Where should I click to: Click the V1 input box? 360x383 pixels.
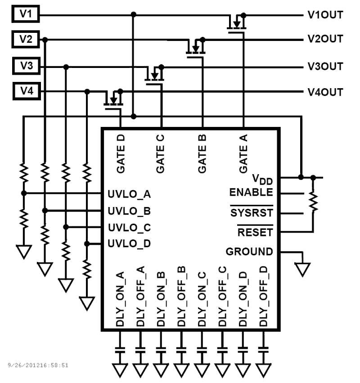pos(25,15)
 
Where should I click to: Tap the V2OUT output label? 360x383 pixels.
pos(325,40)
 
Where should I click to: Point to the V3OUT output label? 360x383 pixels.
pos(325,67)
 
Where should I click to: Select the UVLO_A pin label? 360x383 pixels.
pos(129,194)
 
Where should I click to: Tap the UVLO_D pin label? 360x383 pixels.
pos(129,243)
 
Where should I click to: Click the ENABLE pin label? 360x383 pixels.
pos(251,193)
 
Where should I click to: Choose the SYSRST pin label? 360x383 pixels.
pos(252,212)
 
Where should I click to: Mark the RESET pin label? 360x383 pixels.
pos(255,232)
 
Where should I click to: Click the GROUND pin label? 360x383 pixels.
pos(249,252)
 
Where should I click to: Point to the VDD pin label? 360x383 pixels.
pos(263,180)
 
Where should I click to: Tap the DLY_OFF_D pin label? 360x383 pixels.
pos(264,297)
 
